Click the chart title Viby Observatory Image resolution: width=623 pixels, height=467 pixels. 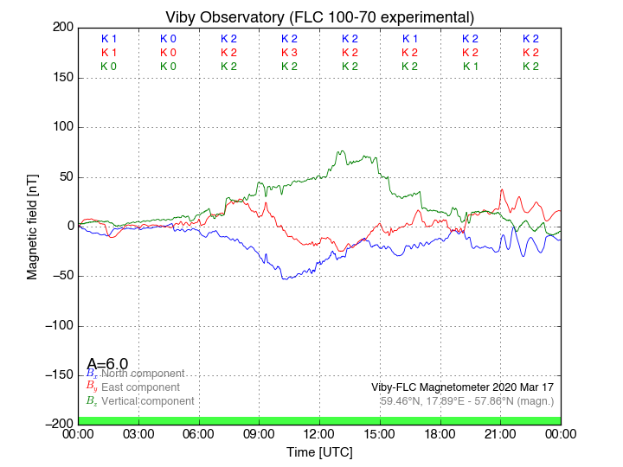(x=319, y=17)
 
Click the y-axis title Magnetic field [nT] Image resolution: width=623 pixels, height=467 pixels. (x=32, y=226)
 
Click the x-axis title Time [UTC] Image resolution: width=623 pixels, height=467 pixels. (x=319, y=451)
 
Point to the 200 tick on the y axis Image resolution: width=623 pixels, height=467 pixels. (x=61, y=28)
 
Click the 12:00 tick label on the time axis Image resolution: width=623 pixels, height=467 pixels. (x=319, y=434)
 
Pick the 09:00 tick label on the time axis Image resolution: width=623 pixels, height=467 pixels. (x=260, y=434)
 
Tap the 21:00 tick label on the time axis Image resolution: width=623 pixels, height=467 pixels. (x=500, y=434)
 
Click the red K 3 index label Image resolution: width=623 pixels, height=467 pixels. (x=289, y=53)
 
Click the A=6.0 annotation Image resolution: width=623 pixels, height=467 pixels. (x=107, y=364)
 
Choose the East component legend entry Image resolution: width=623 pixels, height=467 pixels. (x=140, y=387)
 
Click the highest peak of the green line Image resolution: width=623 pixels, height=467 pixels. (x=342, y=151)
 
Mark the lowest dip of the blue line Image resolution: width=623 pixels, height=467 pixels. (x=285, y=278)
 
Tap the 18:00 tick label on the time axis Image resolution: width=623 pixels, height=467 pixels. (x=440, y=434)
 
